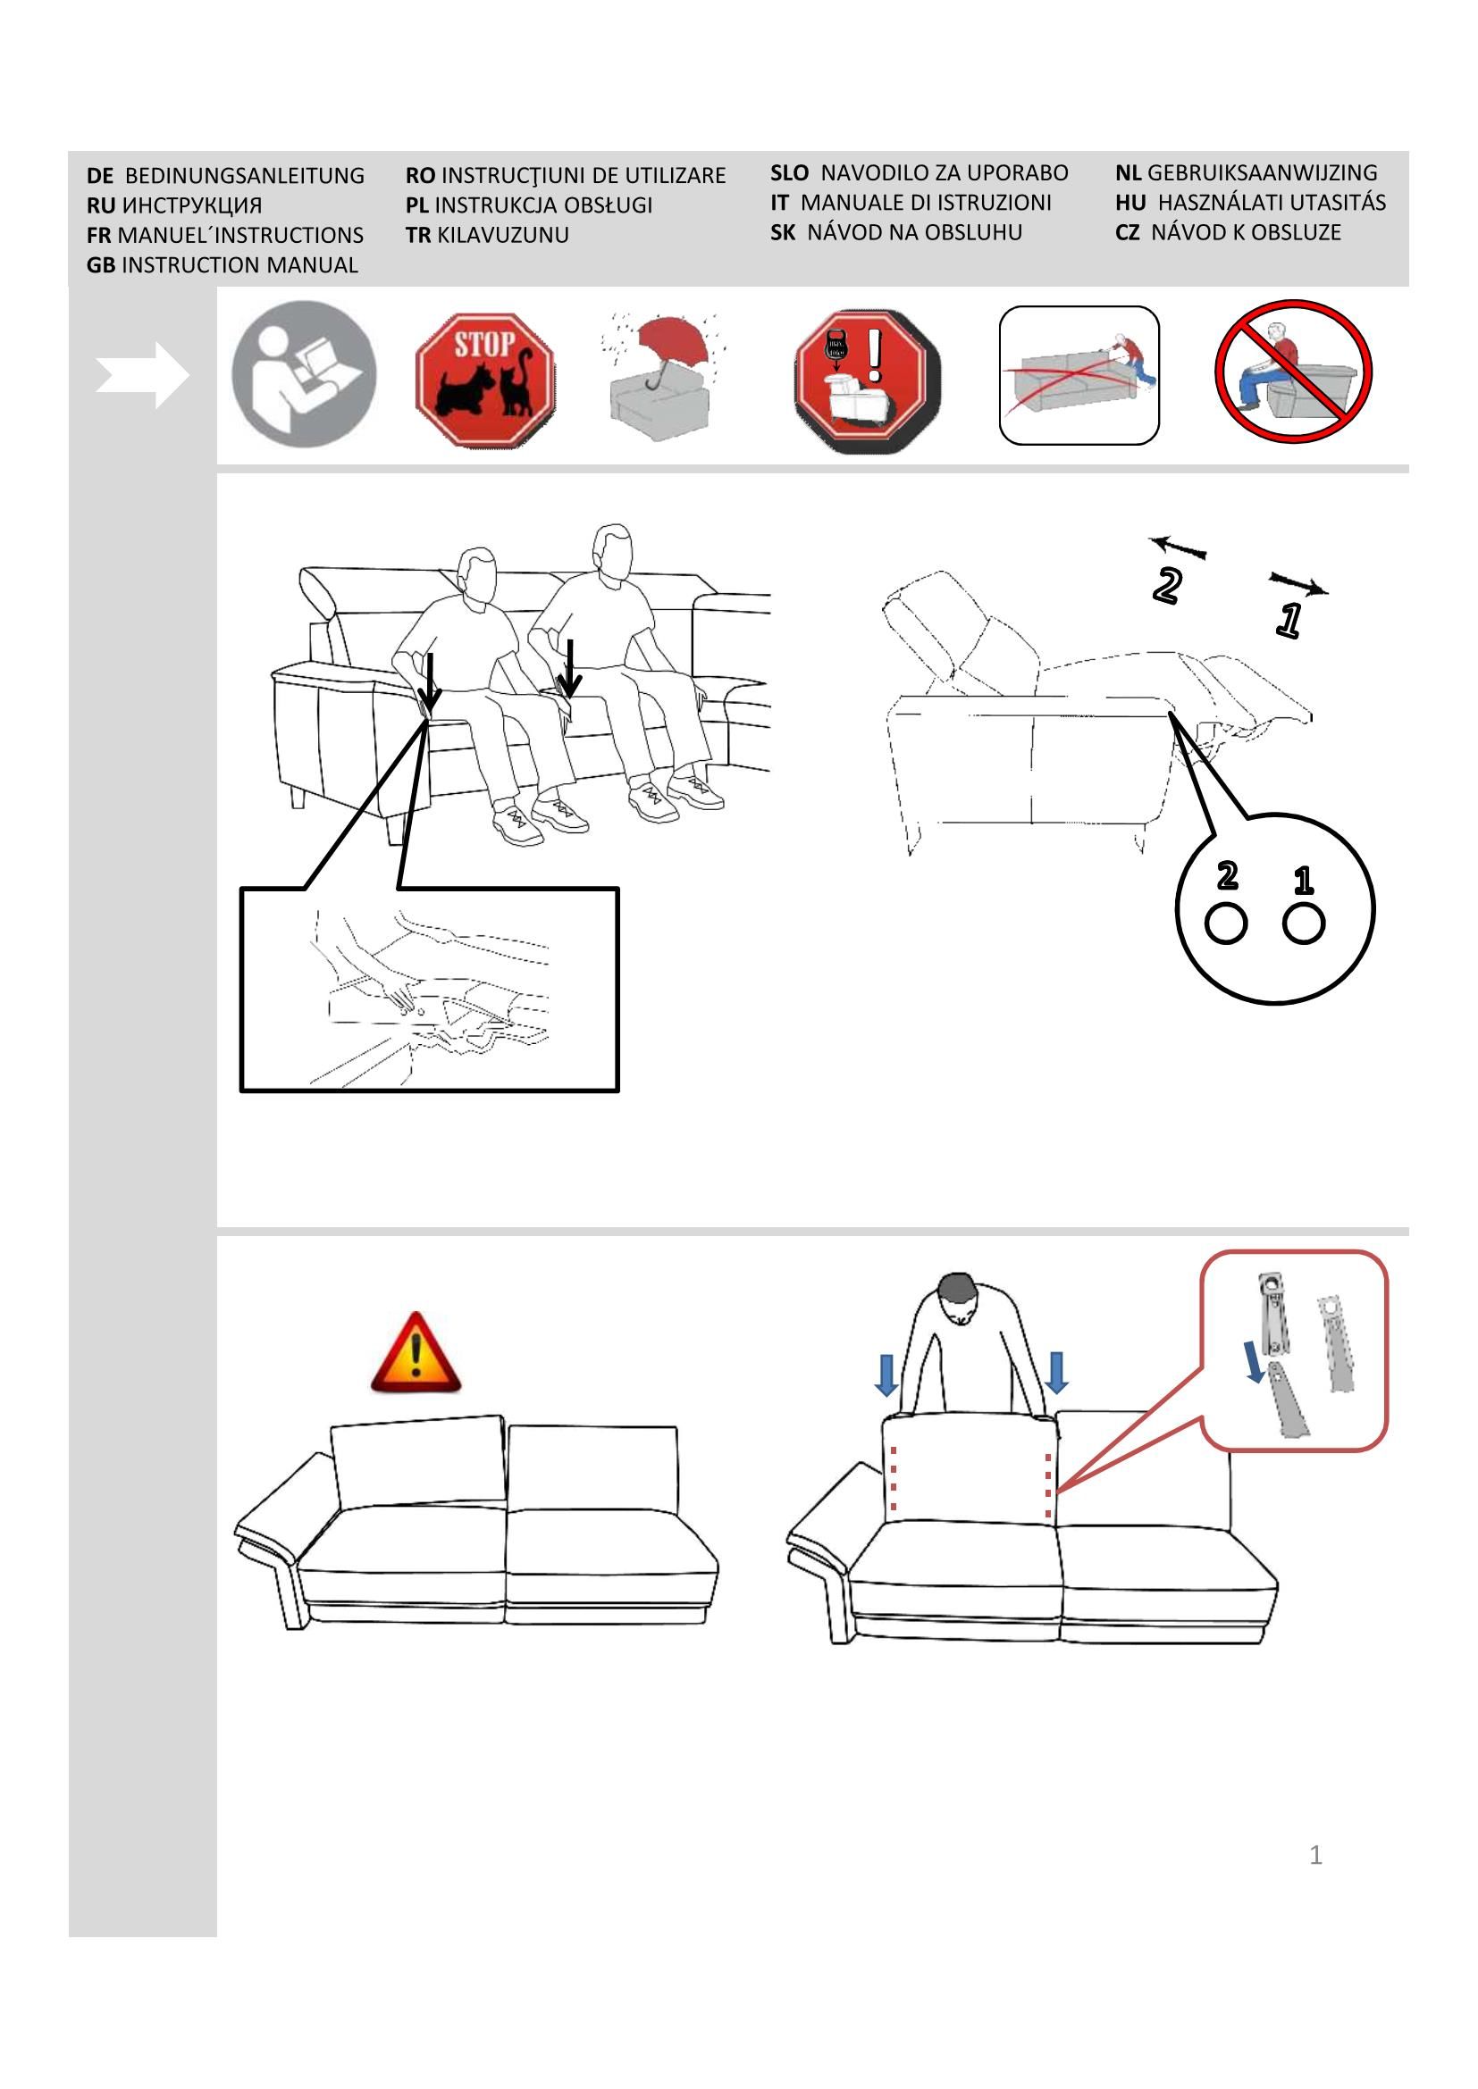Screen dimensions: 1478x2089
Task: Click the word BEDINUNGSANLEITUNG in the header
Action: coord(244,176)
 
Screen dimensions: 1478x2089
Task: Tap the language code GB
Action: coord(100,265)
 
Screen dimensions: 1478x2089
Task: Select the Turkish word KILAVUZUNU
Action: coord(502,236)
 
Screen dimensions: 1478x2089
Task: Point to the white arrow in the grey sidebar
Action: coord(142,375)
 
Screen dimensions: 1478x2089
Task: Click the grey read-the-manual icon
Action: coord(304,374)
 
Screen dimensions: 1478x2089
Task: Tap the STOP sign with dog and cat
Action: coord(485,380)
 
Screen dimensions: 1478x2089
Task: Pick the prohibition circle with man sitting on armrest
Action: coord(1293,372)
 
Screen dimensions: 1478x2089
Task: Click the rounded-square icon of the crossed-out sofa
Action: coord(1079,375)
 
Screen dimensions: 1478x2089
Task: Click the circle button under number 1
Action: coord(1303,924)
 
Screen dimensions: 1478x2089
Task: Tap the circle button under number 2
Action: coord(1225,924)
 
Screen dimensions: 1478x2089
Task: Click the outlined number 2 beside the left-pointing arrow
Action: coord(1167,586)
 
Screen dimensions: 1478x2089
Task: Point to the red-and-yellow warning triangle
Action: coord(416,1353)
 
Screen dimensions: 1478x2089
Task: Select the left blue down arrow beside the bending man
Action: coord(886,1373)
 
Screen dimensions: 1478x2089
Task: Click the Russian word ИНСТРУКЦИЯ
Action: coord(192,205)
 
